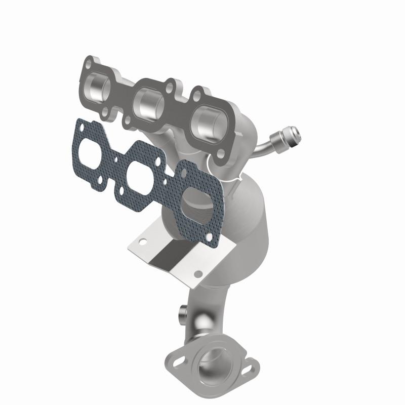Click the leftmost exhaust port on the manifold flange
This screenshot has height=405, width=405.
pyautogui.click(x=101, y=87)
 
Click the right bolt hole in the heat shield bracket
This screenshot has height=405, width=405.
pyautogui.click(x=198, y=273)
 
